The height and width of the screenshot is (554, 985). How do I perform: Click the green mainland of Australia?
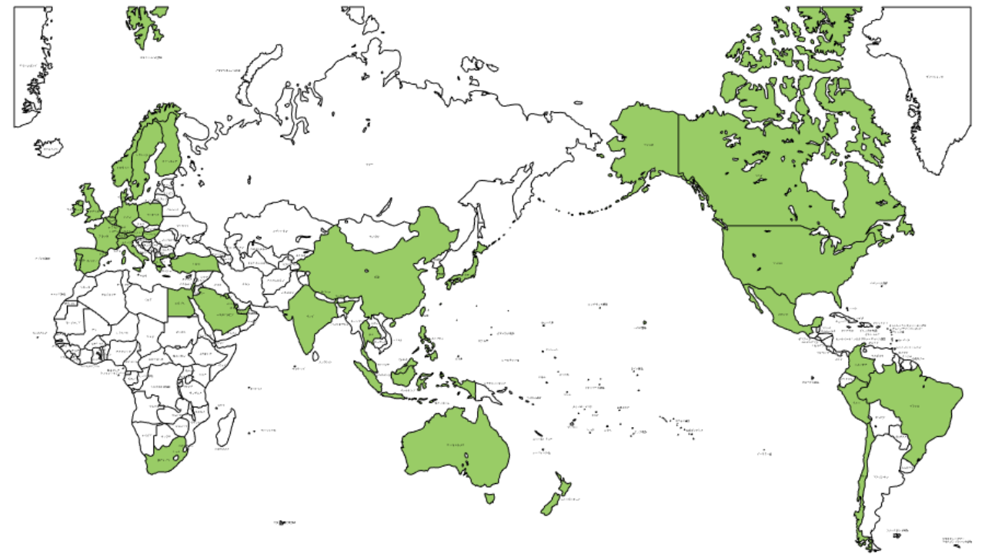(x=454, y=446)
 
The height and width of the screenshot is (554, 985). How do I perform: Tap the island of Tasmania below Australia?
(x=489, y=499)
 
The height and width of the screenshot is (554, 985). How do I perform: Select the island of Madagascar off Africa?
(x=225, y=427)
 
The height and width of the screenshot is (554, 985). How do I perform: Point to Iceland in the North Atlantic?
(x=48, y=146)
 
